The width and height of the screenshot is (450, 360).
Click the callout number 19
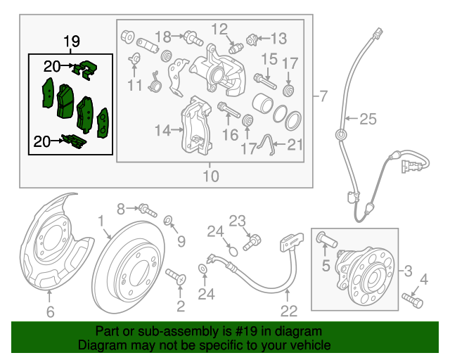[72, 41]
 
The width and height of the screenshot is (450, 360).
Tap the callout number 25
[368, 120]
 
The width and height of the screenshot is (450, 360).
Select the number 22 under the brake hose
[290, 309]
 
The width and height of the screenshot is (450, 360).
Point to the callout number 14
[163, 129]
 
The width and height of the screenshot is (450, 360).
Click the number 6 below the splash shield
[50, 311]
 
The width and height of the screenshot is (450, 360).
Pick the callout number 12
[219, 29]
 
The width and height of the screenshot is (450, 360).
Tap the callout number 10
[211, 175]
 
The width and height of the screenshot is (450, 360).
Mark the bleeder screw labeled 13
[252, 37]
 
